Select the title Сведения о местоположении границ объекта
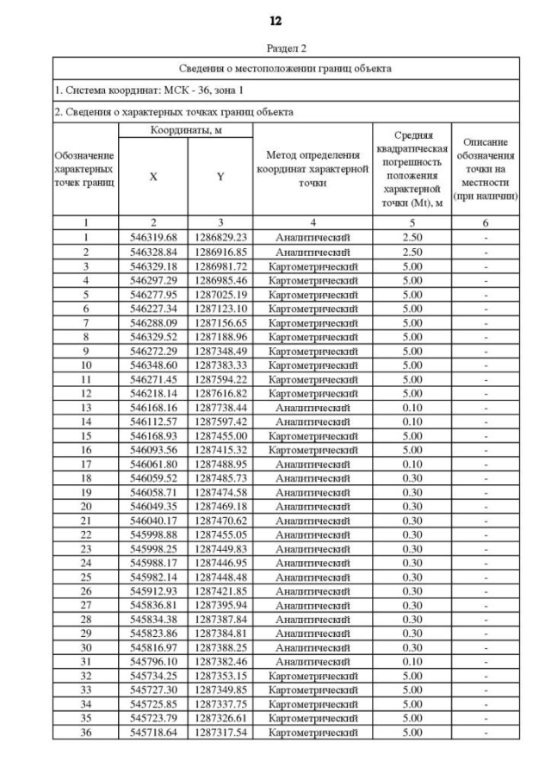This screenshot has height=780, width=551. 285,67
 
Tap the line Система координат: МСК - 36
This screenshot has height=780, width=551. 152,90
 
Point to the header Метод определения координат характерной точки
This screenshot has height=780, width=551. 312,169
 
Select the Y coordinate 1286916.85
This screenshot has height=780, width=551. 220,252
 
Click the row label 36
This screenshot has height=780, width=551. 86,732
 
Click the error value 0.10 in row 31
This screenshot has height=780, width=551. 411,661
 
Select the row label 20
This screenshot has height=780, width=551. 86,506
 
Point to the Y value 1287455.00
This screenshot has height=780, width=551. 220,435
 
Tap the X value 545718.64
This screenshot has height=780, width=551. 153,732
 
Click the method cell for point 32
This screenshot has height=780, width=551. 312,676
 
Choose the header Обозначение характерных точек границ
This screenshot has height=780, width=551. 86,169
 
